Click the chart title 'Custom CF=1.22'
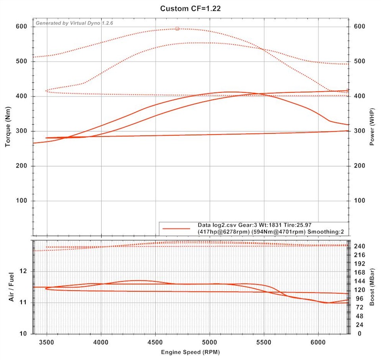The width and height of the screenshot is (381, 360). [x=190, y=8]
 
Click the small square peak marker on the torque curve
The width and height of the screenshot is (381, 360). [x=177, y=29]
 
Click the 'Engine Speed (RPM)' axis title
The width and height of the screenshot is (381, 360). [x=190, y=352]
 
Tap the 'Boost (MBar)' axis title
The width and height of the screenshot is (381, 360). [x=372, y=287]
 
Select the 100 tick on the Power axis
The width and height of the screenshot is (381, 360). [x=360, y=201]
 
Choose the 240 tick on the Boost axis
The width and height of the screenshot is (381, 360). [x=360, y=246]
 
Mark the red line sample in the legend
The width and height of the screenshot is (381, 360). [x=177, y=228]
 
